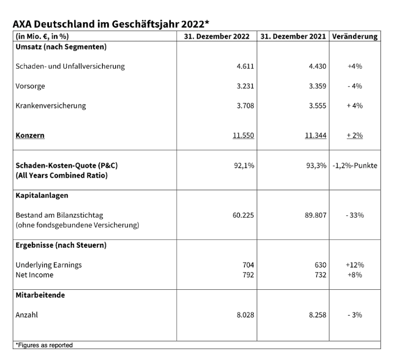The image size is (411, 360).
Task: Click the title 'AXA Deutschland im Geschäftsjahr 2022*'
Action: (111, 24)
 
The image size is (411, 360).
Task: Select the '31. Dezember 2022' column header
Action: (216, 36)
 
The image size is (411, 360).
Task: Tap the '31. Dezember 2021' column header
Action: (293, 36)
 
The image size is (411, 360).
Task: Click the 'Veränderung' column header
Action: (355, 36)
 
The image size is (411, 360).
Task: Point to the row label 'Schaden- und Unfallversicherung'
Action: (70, 66)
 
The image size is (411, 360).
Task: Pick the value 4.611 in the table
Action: (245, 66)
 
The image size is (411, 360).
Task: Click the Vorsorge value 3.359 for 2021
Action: (318, 86)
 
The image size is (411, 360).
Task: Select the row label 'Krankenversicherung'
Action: (51, 105)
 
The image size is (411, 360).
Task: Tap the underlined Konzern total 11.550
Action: (243, 136)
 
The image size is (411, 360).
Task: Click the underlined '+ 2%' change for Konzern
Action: (355, 136)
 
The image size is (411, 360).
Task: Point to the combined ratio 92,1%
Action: (244, 166)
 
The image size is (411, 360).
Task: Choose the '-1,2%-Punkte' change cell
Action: (355, 166)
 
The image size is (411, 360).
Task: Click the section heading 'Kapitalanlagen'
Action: (42, 195)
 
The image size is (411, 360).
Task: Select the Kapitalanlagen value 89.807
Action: (316, 215)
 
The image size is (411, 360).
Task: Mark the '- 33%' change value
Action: (355, 215)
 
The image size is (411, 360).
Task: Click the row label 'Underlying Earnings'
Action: (49, 265)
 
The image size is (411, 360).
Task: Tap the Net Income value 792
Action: (248, 275)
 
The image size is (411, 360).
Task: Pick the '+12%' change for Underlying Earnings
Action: (355, 265)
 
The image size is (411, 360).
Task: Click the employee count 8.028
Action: (245, 315)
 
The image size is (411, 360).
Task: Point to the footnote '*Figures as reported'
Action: (44, 345)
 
